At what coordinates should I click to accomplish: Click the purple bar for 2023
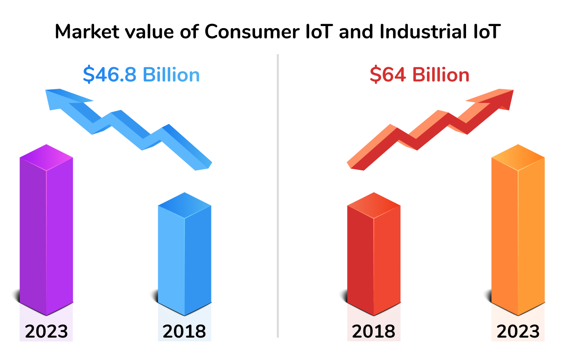point(46,232)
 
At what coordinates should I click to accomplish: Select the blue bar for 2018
point(185,257)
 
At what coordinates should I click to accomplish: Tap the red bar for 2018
point(374,257)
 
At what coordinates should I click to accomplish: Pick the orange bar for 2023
point(518,232)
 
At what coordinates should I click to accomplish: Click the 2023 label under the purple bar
point(46,331)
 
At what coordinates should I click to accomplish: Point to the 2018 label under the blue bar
point(185,331)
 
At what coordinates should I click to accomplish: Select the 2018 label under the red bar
point(374,331)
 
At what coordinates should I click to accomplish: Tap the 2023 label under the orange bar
point(518,331)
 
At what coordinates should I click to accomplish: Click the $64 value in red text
point(388,75)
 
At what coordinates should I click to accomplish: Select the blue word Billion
point(171,75)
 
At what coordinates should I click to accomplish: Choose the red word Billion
point(441,75)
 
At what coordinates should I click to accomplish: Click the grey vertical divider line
point(278,195)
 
